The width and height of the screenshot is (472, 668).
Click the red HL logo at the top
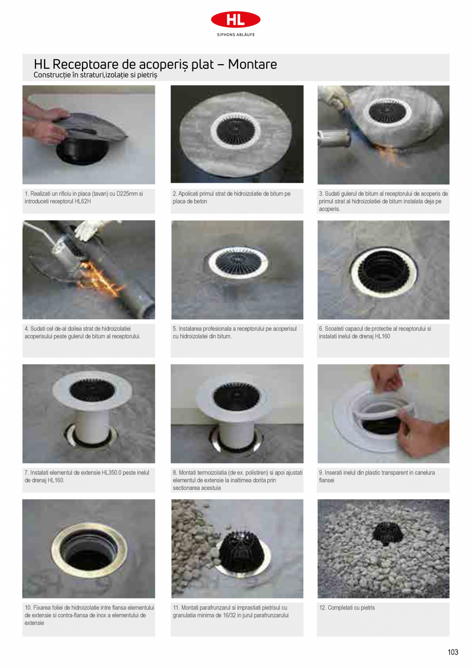coord(235,20)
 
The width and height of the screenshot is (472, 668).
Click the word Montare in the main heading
coord(252,65)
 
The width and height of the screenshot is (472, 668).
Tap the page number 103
coord(453,652)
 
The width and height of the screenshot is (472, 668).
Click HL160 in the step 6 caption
coord(382,337)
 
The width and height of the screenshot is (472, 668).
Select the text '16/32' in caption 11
coord(224,615)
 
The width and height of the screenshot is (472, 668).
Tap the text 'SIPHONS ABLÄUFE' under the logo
coord(235,35)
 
